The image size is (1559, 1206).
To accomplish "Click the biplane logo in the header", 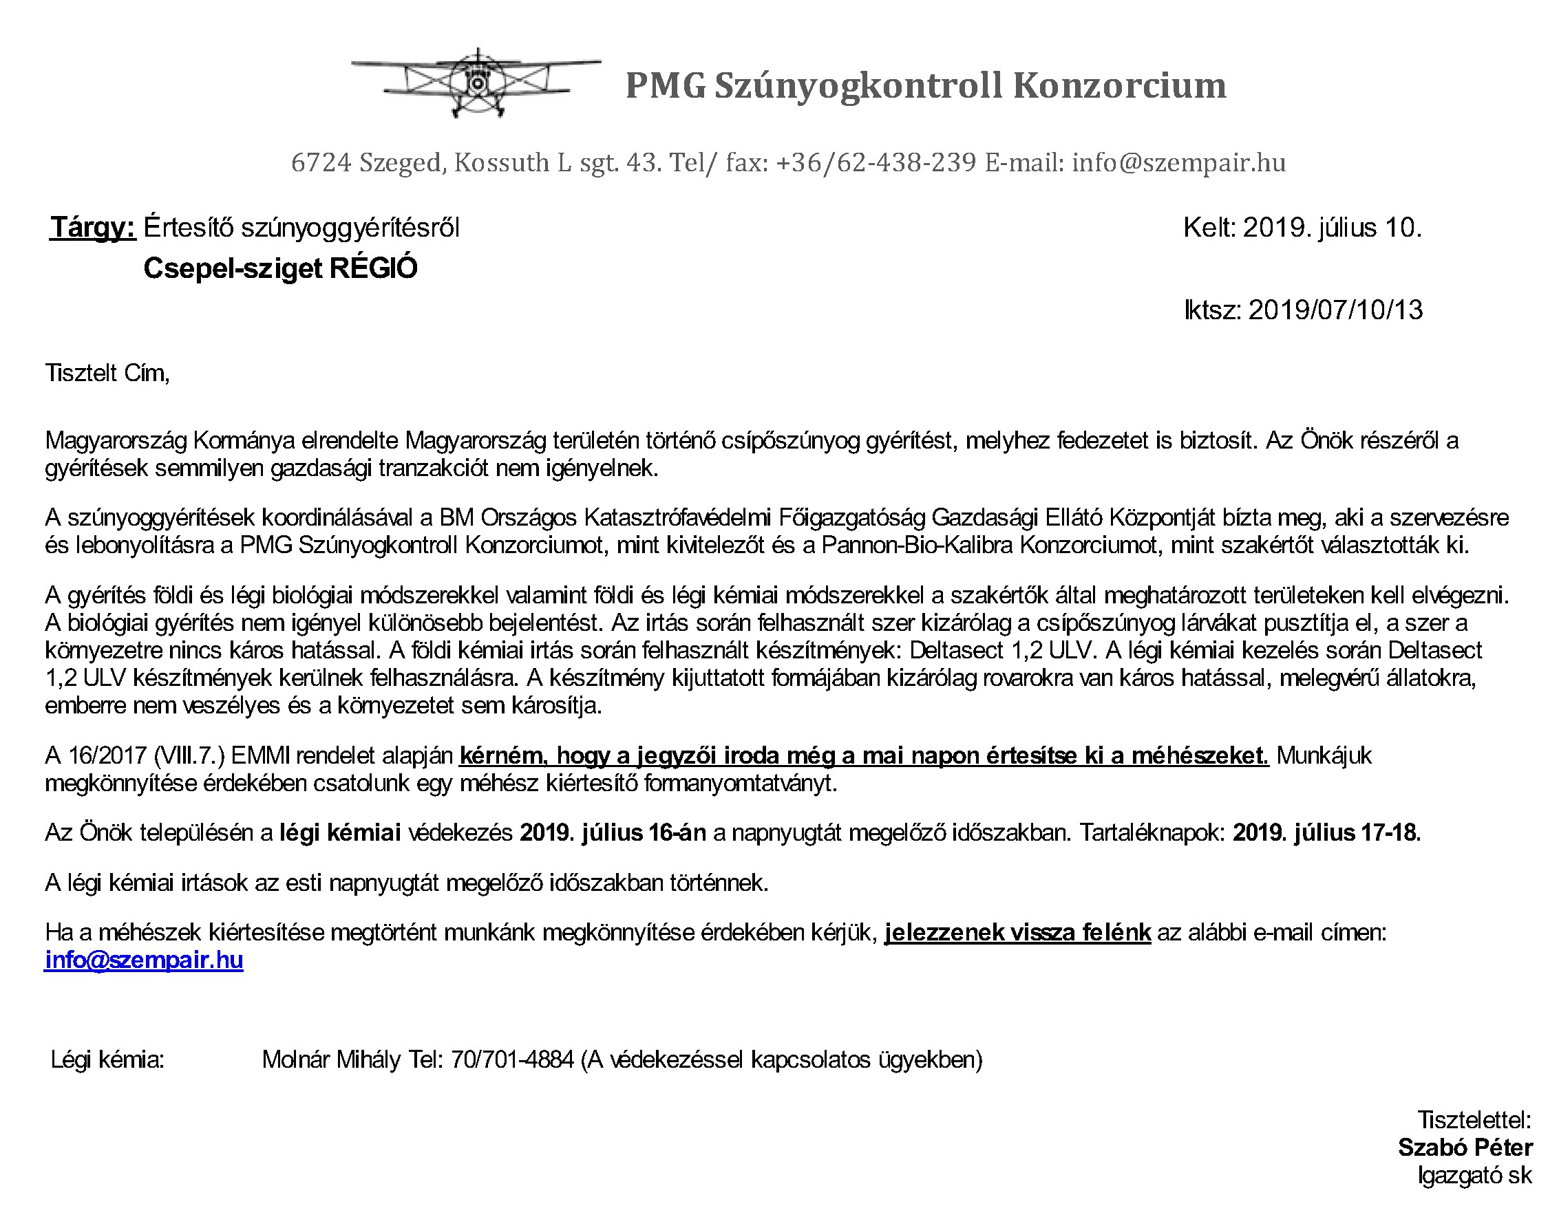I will (x=476, y=83).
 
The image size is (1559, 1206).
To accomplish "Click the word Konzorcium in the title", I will (x=1118, y=85).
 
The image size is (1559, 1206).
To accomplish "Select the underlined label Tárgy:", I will (x=93, y=228).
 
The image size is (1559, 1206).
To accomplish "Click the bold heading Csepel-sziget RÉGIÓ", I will (x=281, y=268).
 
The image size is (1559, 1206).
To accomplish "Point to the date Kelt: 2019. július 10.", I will (x=1302, y=228).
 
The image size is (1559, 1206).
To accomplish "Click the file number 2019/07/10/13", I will (x=1335, y=310).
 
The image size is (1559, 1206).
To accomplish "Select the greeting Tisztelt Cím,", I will (x=108, y=373).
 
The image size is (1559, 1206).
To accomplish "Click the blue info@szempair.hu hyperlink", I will (x=143, y=960).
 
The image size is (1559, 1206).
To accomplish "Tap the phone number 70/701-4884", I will (x=512, y=1059).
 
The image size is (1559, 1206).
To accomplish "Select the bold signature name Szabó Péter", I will (x=1465, y=1147).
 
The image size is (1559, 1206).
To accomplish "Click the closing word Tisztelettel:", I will (x=1474, y=1119).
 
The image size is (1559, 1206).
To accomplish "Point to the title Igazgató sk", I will (x=1474, y=1175).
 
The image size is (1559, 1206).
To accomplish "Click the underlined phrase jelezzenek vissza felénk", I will (x=1017, y=933).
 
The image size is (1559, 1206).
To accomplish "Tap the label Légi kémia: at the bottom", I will (x=108, y=1059).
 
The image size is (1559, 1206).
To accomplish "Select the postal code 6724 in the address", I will (x=321, y=162).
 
